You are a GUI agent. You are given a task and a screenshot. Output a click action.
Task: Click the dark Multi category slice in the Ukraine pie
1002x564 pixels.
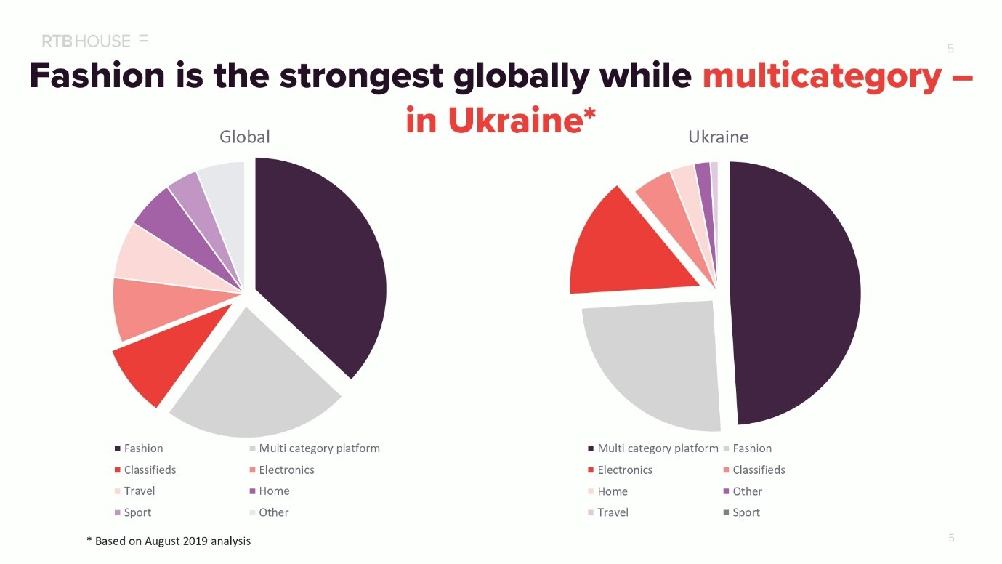pos(796,291)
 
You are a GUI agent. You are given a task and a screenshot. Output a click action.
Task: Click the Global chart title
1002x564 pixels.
pos(245,137)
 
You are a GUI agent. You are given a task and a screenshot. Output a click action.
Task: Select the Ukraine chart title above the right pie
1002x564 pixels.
pos(718,137)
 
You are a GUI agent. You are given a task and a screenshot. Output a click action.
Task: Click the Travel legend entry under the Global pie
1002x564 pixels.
pos(139,491)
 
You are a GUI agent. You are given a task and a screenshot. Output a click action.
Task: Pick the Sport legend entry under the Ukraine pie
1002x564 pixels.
pos(746,512)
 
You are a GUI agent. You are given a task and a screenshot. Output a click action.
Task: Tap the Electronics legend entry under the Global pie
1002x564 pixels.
pos(286,470)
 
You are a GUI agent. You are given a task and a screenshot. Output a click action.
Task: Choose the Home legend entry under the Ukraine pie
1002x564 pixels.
pos(612,491)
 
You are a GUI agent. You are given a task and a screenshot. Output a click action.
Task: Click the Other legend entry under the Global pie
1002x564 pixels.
pos(273,512)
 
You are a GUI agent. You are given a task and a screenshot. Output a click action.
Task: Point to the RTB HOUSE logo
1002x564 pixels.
pos(86,41)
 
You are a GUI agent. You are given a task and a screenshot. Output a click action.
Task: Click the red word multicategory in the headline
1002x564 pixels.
pos(822,77)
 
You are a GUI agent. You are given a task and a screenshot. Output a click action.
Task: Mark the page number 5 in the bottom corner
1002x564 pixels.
pos(951,538)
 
